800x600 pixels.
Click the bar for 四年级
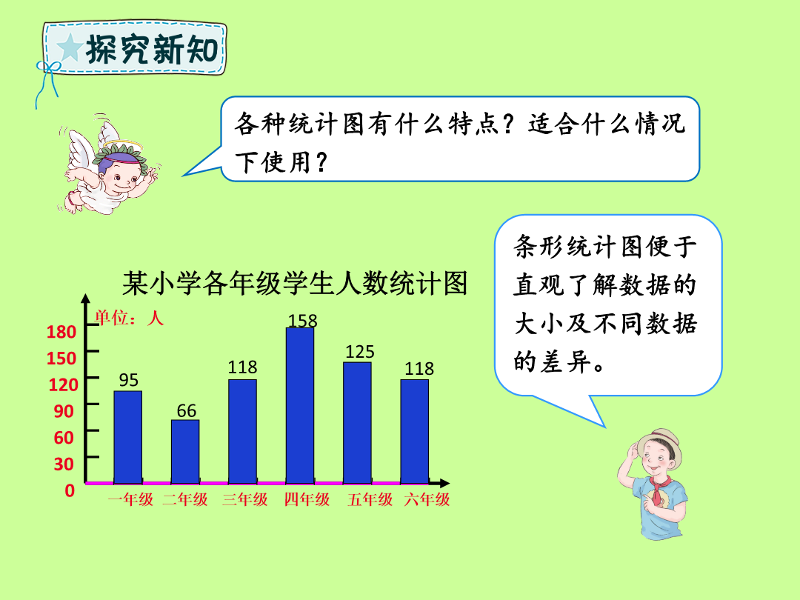point(300,406)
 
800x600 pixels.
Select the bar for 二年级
point(185,452)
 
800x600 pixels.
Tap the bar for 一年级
point(128,437)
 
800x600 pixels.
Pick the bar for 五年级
point(357,423)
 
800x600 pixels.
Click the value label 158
point(302,321)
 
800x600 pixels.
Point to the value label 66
point(187,410)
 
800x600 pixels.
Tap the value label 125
point(360,352)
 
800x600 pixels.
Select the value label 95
point(129,379)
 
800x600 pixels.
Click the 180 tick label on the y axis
point(61,332)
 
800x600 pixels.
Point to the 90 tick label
point(64,410)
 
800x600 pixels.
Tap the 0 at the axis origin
point(70,490)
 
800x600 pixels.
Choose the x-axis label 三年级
point(245,499)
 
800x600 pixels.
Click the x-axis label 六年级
point(427,499)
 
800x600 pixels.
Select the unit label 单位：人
point(129,318)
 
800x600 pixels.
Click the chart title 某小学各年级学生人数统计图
point(295,283)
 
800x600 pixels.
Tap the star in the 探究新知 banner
point(70,48)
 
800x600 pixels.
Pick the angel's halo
point(123,144)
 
